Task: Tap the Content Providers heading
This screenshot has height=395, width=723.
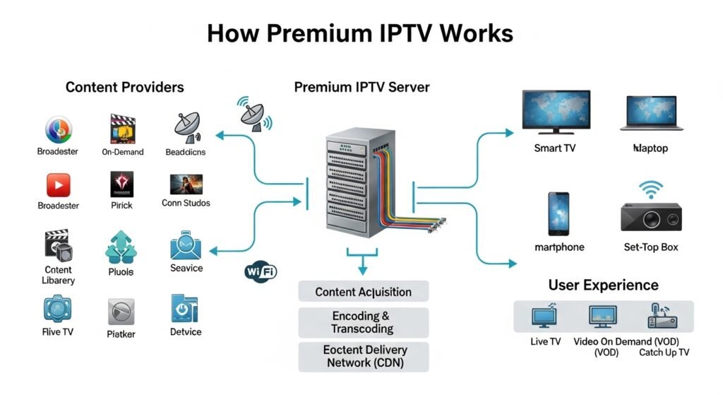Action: coord(124,88)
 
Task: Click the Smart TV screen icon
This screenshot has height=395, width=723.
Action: coord(556,112)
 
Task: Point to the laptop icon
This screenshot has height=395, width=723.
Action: coord(650,113)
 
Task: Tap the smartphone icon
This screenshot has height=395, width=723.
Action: coord(558,213)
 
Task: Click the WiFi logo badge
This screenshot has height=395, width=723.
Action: coord(261,271)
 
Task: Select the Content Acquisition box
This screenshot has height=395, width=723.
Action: coord(363,292)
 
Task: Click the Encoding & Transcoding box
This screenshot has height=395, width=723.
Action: coord(363,322)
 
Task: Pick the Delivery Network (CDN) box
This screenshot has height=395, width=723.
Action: coord(363,356)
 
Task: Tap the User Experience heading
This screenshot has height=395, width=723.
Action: coord(603,285)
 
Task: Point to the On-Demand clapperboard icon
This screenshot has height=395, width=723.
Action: coord(122,130)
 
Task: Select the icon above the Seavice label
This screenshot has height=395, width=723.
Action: coord(186,247)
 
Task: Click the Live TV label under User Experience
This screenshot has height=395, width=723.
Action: coord(545,342)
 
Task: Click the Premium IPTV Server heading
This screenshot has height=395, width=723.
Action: coord(361,88)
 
